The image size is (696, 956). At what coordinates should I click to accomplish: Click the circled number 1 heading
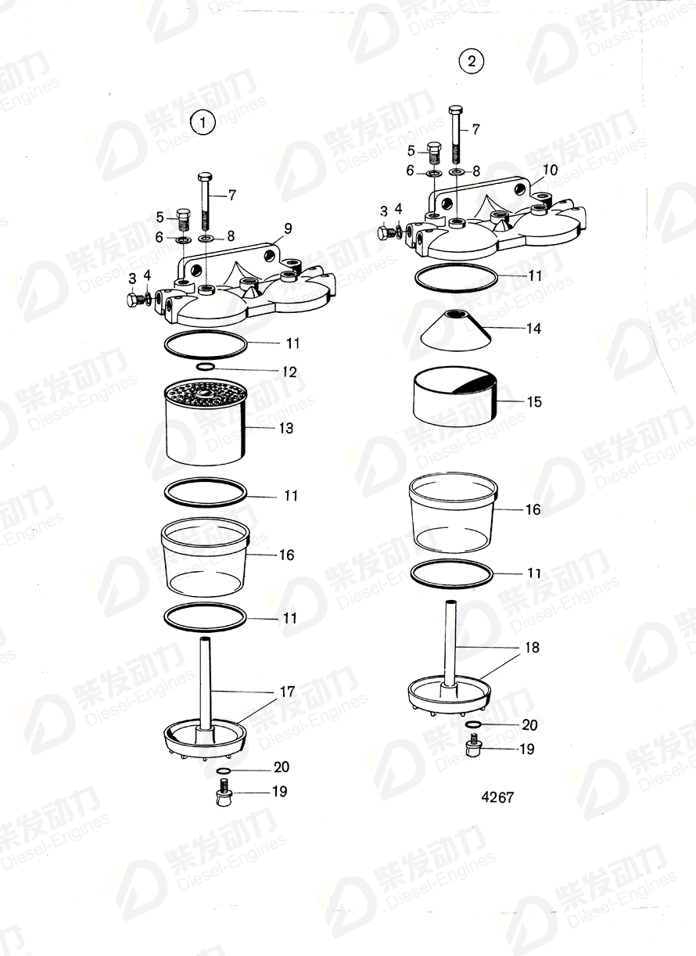coord(203,123)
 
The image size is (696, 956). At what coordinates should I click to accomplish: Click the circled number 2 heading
coord(472,61)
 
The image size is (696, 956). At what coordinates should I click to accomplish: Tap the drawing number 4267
coord(497,797)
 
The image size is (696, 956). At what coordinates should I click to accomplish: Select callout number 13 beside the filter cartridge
coord(286,428)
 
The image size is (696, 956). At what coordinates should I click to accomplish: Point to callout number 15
coord(534,402)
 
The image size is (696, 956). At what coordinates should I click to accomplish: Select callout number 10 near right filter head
coord(550,170)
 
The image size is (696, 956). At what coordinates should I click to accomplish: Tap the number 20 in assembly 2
coord(530,724)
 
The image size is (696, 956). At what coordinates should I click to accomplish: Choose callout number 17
coord(287,692)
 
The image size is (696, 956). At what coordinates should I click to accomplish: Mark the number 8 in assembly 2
coord(476,169)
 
